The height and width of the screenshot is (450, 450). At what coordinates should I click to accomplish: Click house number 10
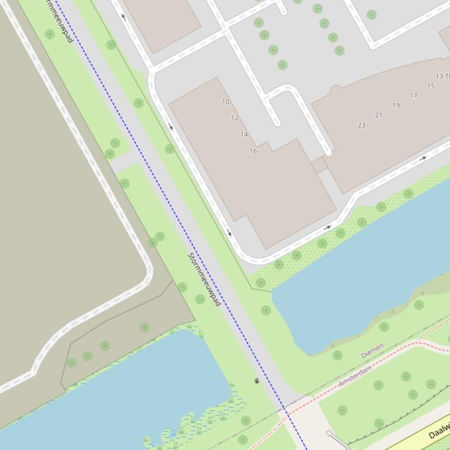[225, 102]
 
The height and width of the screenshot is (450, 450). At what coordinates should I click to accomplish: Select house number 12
[235, 118]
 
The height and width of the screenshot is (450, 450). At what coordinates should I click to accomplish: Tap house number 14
[244, 134]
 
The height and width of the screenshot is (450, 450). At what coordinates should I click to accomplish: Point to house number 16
[253, 151]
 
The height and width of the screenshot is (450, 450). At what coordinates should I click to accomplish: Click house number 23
[361, 125]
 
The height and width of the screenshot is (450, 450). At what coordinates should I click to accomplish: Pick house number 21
[379, 115]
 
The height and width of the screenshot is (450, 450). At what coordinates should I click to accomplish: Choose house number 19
[396, 106]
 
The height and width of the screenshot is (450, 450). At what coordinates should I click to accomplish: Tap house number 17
[414, 96]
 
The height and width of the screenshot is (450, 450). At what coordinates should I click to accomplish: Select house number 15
[431, 86]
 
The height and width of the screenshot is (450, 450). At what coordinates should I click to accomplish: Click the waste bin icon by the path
[257, 381]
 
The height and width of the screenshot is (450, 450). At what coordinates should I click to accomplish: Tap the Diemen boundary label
[372, 351]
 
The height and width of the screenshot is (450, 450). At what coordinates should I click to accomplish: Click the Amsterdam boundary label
[355, 377]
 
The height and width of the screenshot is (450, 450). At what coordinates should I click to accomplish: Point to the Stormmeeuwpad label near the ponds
[204, 279]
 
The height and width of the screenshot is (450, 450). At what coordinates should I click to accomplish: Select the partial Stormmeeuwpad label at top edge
[61, 21]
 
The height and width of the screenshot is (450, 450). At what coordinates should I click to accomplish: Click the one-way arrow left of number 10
[171, 126]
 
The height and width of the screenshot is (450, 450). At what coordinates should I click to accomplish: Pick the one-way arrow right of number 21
[422, 158]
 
